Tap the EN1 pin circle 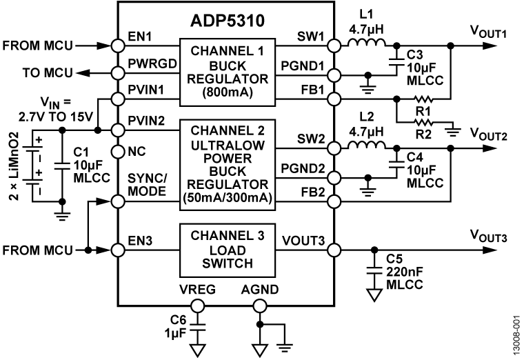pos(118,46)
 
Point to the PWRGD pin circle pos(118,72)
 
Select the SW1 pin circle pos(335,46)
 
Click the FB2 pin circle pos(335,201)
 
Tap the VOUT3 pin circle pos(335,249)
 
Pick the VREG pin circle pos(198,306)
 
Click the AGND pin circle pos(259,306)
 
